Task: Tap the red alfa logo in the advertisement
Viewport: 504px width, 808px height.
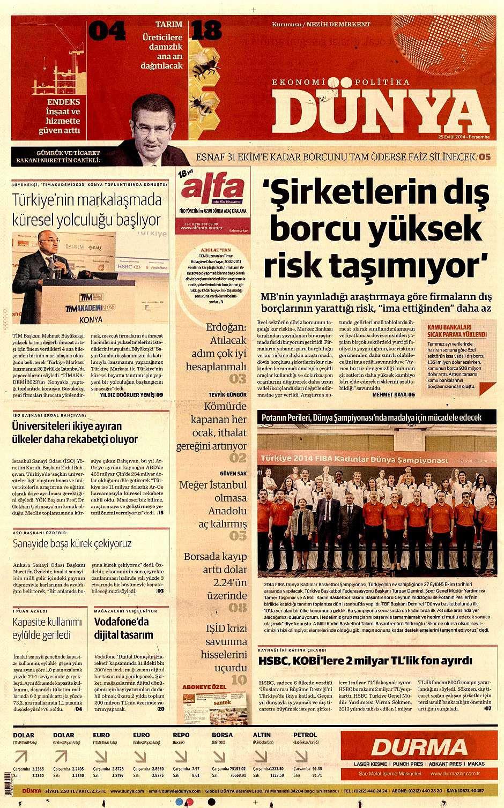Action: (x=213, y=188)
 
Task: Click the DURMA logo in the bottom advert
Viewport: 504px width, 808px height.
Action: (x=420, y=747)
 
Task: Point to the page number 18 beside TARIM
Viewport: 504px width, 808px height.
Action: (x=206, y=31)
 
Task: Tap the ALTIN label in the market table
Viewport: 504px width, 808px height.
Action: (x=262, y=735)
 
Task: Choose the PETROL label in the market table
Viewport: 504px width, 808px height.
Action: (x=305, y=735)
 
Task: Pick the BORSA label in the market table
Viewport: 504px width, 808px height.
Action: (x=222, y=735)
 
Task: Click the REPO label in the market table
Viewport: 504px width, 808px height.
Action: (x=181, y=735)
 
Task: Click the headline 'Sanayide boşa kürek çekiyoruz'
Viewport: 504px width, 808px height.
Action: (x=72, y=543)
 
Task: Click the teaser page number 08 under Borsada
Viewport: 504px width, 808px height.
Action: (x=238, y=608)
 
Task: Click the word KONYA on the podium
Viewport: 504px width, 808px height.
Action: (x=90, y=319)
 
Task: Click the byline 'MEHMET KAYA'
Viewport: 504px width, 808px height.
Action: (x=389, y=394)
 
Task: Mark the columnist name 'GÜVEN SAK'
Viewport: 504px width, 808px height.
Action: (x=233, y=474)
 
